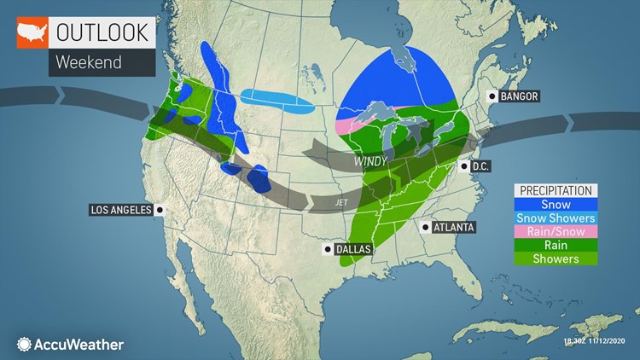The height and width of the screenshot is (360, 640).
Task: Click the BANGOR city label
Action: [519, 96]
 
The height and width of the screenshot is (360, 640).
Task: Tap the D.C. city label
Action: [479, 165]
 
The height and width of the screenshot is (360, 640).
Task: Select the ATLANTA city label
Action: [452, 227]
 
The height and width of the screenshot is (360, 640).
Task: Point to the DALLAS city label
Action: [352, 249]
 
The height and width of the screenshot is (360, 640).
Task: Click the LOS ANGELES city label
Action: [120, 210]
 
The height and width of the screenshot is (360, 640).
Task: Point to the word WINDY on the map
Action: [373, 160]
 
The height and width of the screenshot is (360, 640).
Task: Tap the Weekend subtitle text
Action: [89, 62]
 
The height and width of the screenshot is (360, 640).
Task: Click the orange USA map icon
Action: [31, 33]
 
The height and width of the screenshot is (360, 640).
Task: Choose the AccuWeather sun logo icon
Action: [23, 345]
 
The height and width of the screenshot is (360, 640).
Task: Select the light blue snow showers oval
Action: [276, 102]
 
